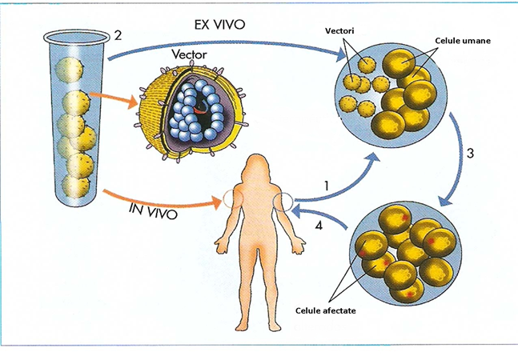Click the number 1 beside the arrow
[x=326, y=186]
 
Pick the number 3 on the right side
[x=469, y=153]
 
